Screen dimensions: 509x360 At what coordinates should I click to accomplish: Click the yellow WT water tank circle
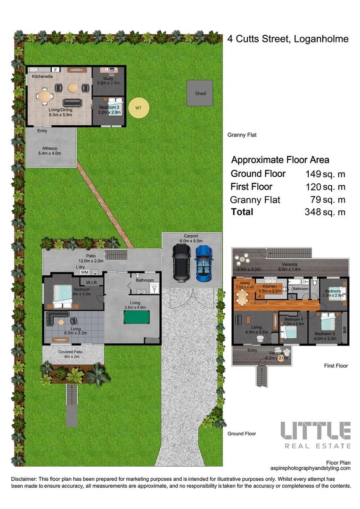pos(139,108)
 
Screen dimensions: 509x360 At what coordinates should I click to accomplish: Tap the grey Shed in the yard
pos(200,93)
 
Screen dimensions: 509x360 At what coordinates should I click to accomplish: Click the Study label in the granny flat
pos(108,79)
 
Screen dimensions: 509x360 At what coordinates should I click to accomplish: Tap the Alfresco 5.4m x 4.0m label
pos(49,150)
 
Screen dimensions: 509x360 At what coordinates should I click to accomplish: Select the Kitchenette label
pos(42,76)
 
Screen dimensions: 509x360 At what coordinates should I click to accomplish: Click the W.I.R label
pos(91,283)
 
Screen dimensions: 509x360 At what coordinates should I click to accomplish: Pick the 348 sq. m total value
pos(325,212)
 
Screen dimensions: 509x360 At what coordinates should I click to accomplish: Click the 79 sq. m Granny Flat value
pos(328,199)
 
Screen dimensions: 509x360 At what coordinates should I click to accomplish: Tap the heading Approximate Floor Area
pos(280,160)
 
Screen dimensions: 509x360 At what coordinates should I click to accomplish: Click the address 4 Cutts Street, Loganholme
pos(288,39)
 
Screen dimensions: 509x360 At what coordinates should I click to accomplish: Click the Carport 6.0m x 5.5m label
pos(191,238)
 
